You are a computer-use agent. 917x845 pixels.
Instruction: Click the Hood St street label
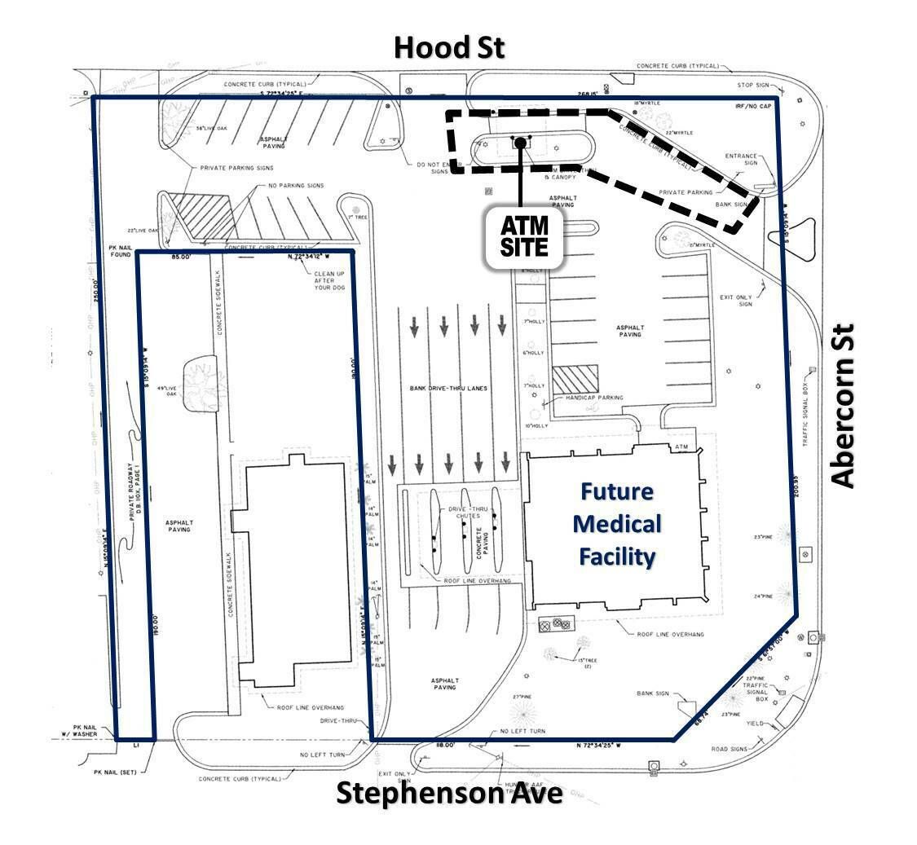pos(449,48)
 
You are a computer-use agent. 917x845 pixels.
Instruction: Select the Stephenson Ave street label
pos(449,793)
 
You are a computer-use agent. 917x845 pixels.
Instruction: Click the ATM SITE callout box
pos(524,235)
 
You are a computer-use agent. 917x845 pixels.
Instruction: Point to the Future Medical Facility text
pos(617,524)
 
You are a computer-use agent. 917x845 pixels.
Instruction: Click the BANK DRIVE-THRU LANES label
pos(448,389)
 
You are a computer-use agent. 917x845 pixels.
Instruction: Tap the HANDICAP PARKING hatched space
pos(575,379)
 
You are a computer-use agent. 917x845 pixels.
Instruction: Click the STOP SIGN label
pos(754,85)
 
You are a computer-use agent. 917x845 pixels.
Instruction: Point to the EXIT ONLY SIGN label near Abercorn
pos(738,301)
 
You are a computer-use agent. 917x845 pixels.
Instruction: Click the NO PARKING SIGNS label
pos(296,186)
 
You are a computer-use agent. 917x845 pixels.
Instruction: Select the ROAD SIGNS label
pos(730,749)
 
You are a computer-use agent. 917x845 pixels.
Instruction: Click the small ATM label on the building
pos(681,448)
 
